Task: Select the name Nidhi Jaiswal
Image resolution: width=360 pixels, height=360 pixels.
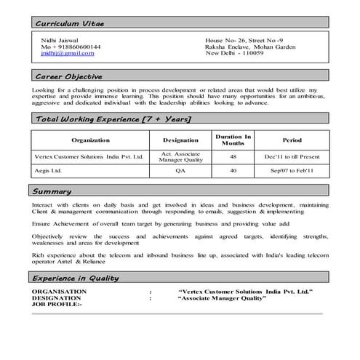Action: click(60, 40)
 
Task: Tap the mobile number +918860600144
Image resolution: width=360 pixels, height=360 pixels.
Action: click(71, 47)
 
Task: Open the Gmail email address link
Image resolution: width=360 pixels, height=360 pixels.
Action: click(68, 53)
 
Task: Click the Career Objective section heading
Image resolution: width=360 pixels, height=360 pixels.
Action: click(69, 76)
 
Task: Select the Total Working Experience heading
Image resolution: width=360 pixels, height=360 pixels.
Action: click(113, 118)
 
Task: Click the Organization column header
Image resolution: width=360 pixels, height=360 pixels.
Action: click(90, 139)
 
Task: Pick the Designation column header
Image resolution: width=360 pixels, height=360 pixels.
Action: click(180, 139)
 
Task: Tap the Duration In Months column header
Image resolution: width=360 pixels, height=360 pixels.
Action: click(233, 139)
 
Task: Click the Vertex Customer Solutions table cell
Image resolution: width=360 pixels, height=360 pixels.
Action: click(90, 156)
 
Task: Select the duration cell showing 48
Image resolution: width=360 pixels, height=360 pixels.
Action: click(233, 156)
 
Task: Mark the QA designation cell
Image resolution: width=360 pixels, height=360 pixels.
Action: click(180, 172)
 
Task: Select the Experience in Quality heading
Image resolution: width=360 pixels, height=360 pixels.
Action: click(77, 278)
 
